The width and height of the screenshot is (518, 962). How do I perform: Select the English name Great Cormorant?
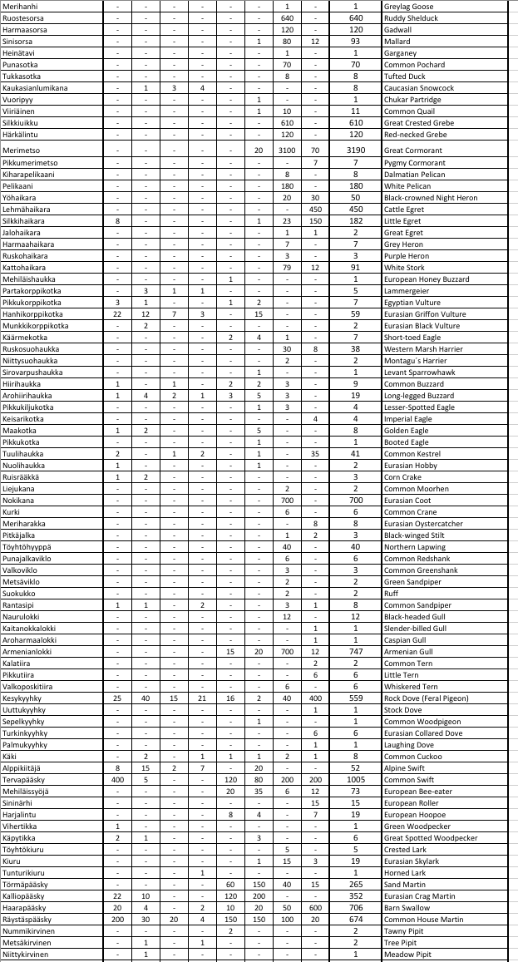click(413, 150)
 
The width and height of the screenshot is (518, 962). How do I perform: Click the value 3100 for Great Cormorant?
click(287, 150)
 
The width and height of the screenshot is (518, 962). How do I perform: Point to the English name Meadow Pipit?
click(407, 955)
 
